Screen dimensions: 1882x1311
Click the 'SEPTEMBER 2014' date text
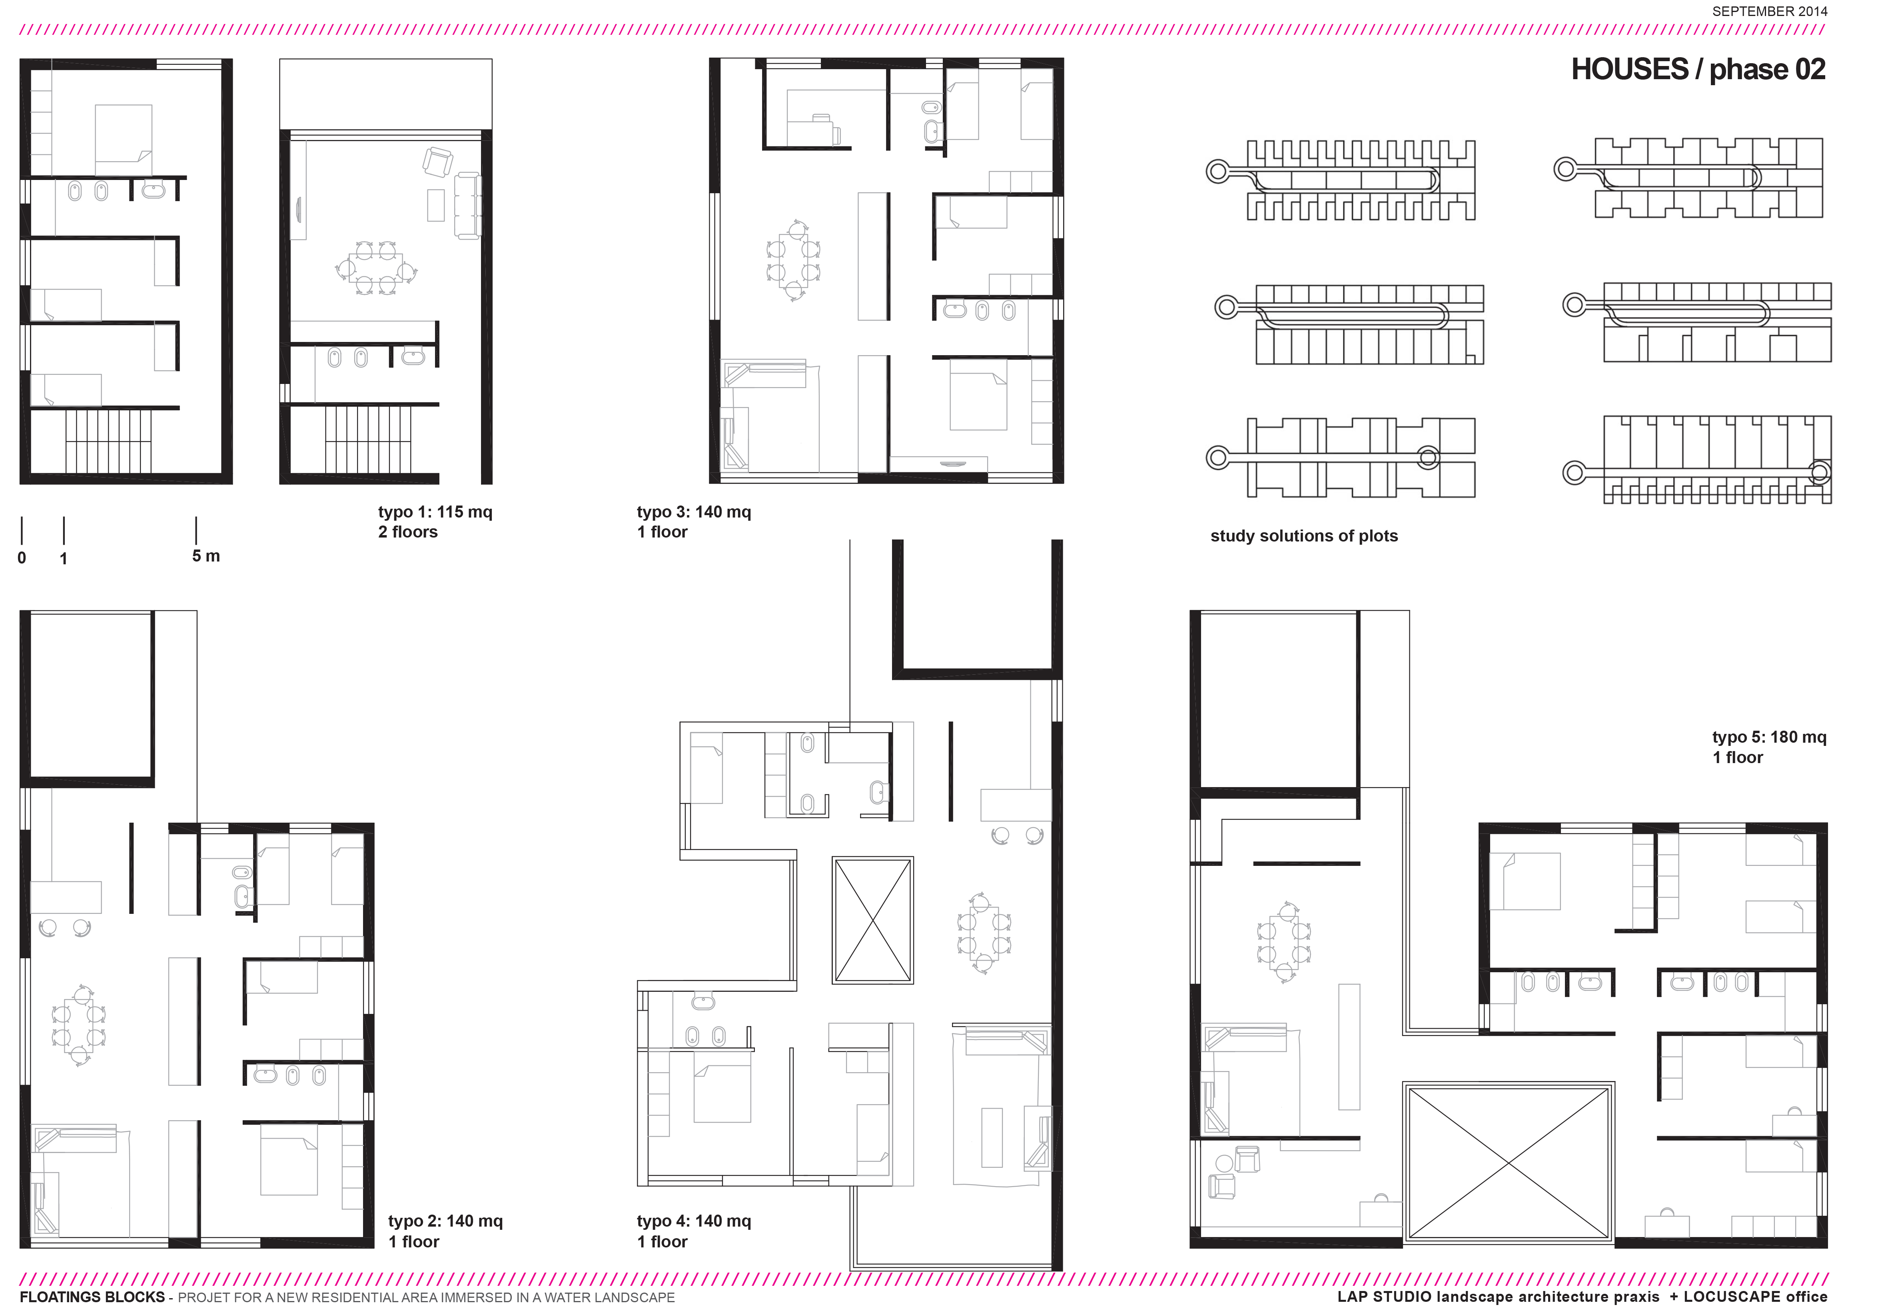(x=1770, y=12)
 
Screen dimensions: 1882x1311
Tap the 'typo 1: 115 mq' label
(x=435, y=512)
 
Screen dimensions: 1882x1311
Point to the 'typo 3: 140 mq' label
(x=693, y=512)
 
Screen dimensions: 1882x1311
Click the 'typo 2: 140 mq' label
(x=445, y=1221)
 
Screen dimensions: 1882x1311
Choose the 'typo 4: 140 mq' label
(x=693, y=1221)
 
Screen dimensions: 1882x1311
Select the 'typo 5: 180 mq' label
(x=1769, y=737)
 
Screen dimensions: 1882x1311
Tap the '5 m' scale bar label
(x=206, y=556)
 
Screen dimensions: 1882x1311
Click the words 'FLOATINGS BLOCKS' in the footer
(x=92, y=1297)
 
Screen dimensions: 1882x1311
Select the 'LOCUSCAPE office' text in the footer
(x=1755, y=1297)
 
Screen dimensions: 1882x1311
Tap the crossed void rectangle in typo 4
(x=872, y=920)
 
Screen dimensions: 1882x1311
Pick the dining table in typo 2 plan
(x=79, y=1025)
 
